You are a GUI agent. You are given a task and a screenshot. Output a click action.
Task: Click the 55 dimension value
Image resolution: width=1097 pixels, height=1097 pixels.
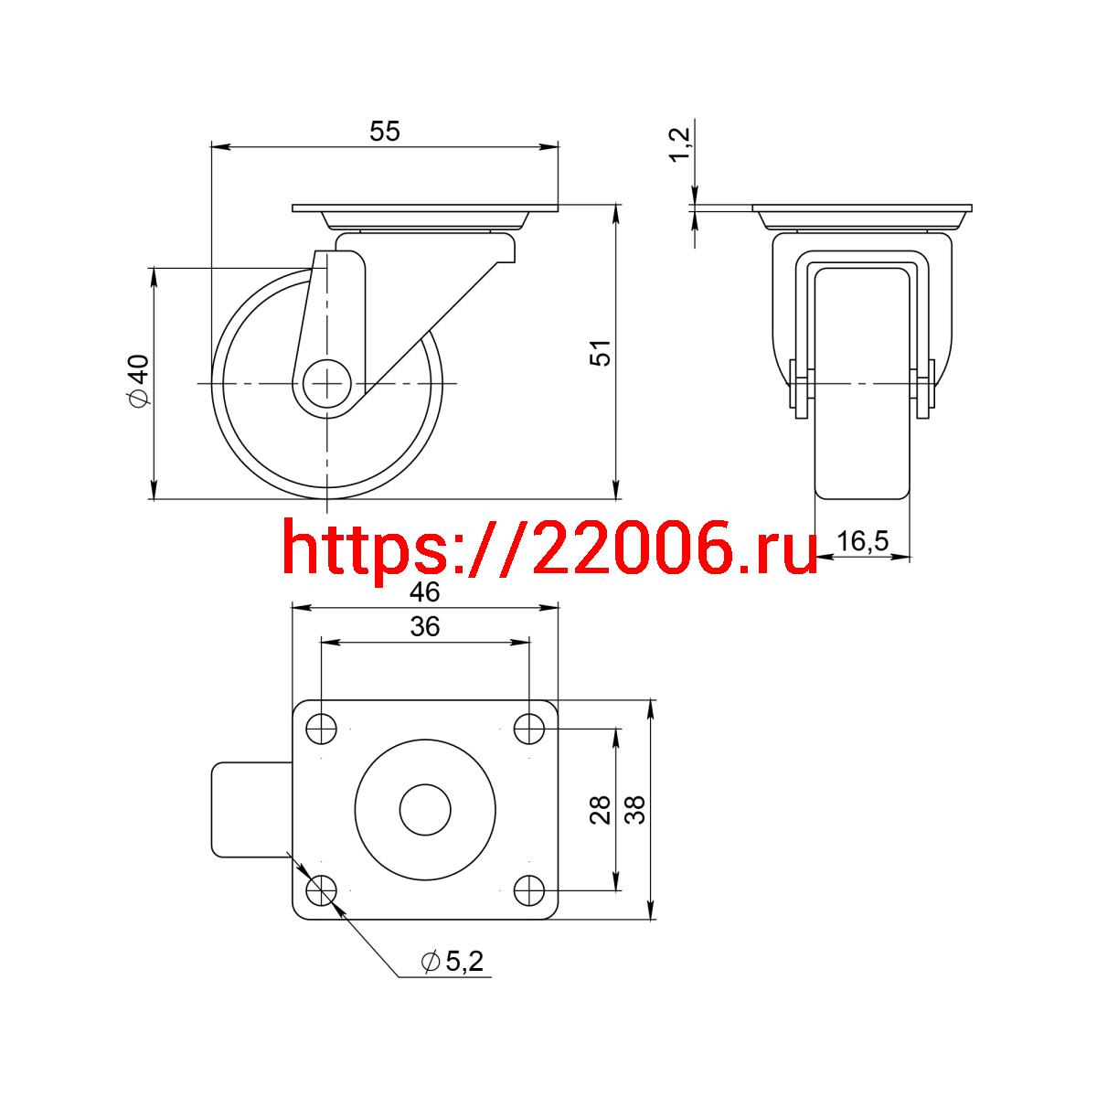(x=384, y=132)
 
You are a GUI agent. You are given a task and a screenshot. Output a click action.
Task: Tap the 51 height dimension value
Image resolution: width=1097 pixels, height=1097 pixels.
(x=600, y=353)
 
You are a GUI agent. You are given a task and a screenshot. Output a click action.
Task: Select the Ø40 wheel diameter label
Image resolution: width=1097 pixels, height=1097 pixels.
(x=138, y=381)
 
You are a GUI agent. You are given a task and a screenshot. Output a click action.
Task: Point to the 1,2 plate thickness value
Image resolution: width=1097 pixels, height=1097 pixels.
(x=679, y=145)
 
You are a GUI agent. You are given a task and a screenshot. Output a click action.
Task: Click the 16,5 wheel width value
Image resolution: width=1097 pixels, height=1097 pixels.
(x=862, y=540)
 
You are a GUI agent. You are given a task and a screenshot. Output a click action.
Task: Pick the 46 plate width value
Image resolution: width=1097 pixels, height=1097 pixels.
(x=425, y=592)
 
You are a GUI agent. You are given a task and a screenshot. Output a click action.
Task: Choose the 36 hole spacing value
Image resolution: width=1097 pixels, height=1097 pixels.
(x=425, y=627)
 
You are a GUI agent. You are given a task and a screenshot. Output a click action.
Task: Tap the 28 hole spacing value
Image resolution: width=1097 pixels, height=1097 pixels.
(x=600, y=810)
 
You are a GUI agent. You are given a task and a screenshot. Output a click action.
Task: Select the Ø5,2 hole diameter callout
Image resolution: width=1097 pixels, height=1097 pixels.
(x=452, y=962)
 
